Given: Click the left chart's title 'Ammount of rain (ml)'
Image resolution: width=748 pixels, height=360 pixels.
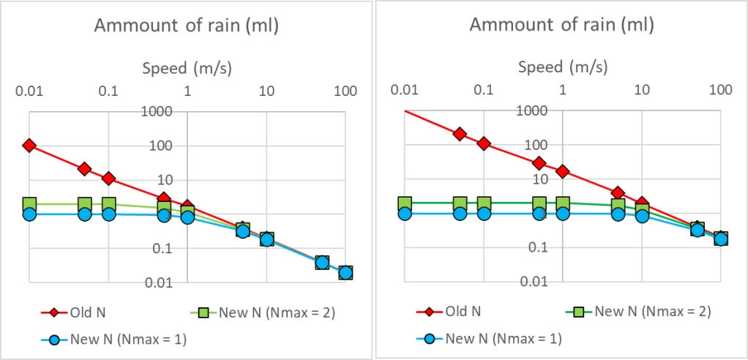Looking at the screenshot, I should point(187,27).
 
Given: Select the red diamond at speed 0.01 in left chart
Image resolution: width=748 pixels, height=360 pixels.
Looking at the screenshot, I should point(29,146).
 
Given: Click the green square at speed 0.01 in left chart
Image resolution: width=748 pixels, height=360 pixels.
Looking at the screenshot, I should point(29,205).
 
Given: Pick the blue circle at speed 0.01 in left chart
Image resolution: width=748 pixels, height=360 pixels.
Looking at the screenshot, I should point(29,214).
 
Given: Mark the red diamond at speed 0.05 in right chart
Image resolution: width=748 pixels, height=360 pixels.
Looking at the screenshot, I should point(460,134).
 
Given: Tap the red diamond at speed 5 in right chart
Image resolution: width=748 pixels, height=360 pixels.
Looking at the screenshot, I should point(618,193).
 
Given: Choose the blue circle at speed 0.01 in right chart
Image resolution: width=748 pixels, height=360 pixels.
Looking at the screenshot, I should point(405,214).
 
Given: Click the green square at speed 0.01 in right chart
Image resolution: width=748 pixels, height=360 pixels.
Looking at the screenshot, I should point(405,204).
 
